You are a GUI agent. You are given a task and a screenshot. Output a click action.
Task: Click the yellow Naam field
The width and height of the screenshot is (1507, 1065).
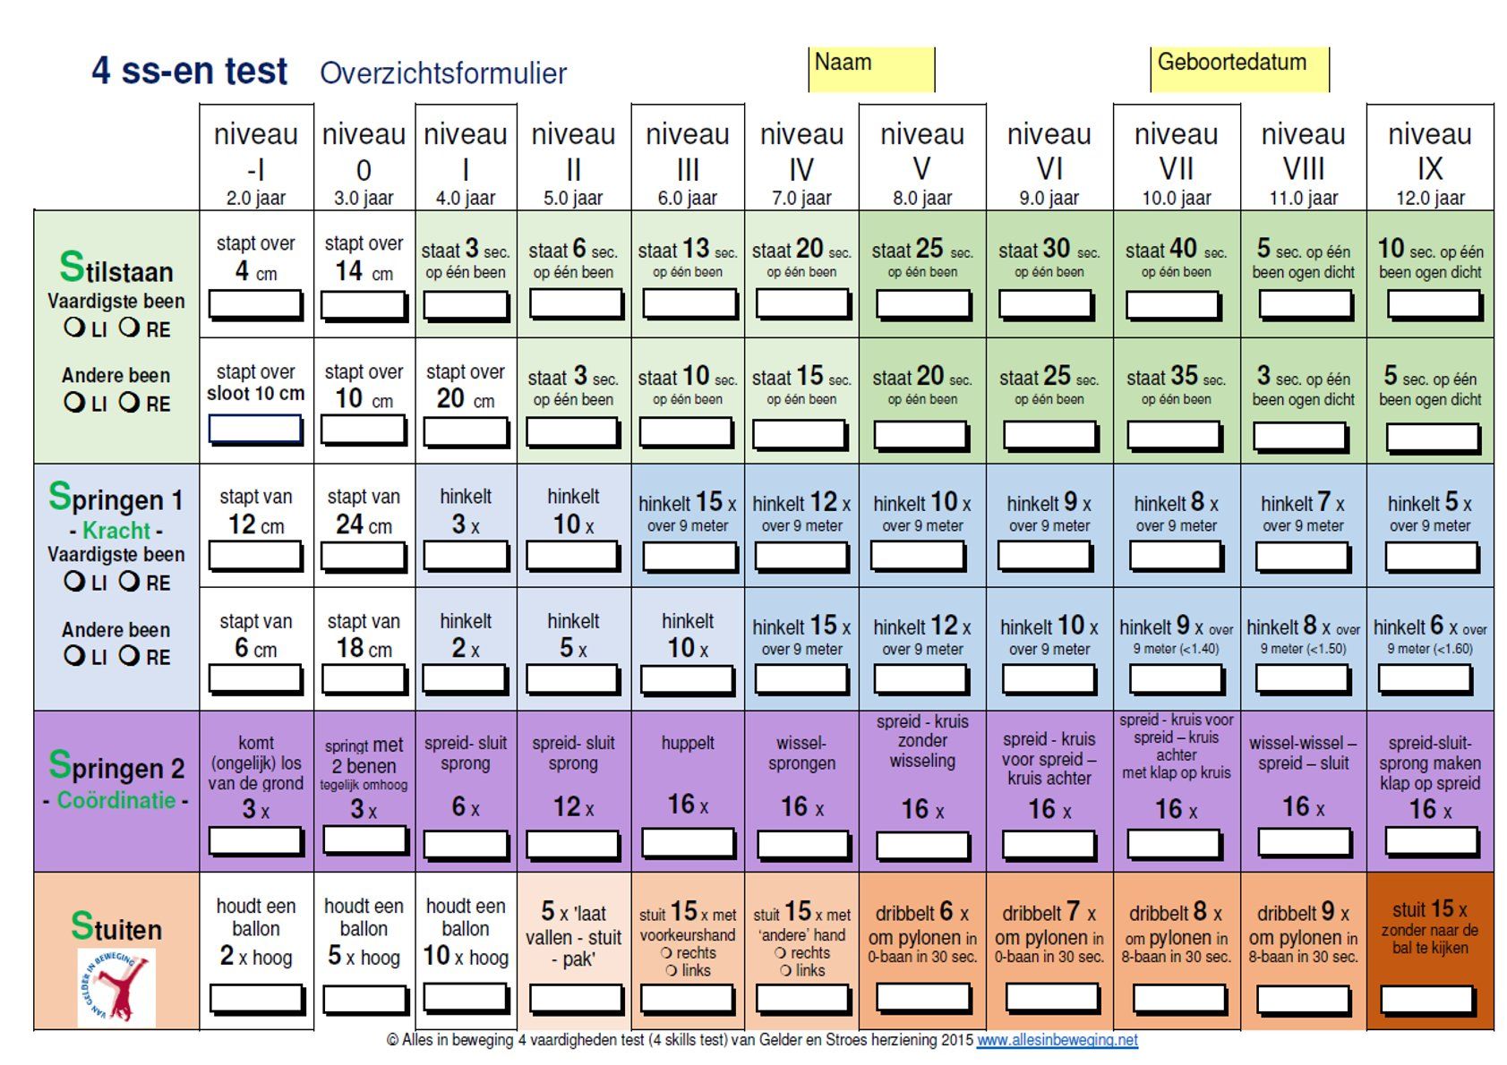click(x=871, y=69)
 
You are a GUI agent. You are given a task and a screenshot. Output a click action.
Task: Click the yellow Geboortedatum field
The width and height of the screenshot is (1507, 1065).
click(x=1240, y=69)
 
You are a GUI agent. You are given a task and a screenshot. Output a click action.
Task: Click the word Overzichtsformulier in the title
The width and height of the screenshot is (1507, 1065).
click(x=443, y=73)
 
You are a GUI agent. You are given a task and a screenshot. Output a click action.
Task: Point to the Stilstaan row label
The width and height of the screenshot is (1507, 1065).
click(x=116, y=268)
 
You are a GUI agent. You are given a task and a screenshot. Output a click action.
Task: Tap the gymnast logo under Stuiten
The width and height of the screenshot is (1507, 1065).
click(x=116, y=987)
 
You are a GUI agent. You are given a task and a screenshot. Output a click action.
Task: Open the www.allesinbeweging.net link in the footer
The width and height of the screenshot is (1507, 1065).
click(x=1057, y=1040)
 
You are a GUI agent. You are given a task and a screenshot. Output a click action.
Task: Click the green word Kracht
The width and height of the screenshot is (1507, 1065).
click(x=116, y=531)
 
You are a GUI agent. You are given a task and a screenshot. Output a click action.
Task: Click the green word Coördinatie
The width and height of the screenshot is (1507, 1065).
click(x=116, y=800)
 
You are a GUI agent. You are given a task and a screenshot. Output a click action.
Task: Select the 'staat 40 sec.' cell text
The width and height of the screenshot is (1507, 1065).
click(x=1176, y=250)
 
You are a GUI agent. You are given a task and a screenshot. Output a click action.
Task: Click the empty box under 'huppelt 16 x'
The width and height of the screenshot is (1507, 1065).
click(x=688, y=843)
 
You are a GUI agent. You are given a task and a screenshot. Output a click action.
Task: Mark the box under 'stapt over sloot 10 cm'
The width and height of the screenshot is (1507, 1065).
click(x=255, y=429)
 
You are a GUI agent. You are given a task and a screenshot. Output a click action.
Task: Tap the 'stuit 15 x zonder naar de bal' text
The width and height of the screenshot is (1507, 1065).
click(x=1430, y=928)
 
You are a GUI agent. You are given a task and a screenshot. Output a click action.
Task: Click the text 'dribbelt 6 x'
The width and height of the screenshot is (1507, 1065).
click(x=921, y=912)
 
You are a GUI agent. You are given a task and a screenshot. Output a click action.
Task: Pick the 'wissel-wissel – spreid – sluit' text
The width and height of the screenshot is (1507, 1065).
click(x=1303, y=753)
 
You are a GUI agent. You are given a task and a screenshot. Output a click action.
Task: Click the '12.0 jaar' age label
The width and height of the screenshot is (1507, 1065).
click(x=1430, y=199)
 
